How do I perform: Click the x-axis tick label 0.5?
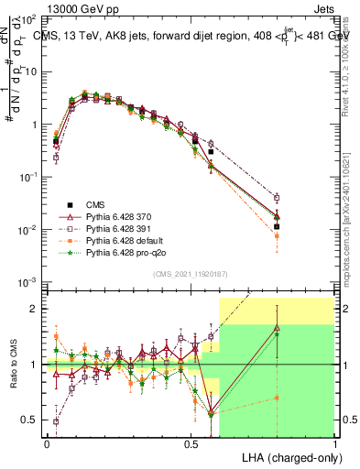click(191, 443)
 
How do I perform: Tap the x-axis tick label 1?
click(334, 443)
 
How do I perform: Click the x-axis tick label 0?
click(47, 443)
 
